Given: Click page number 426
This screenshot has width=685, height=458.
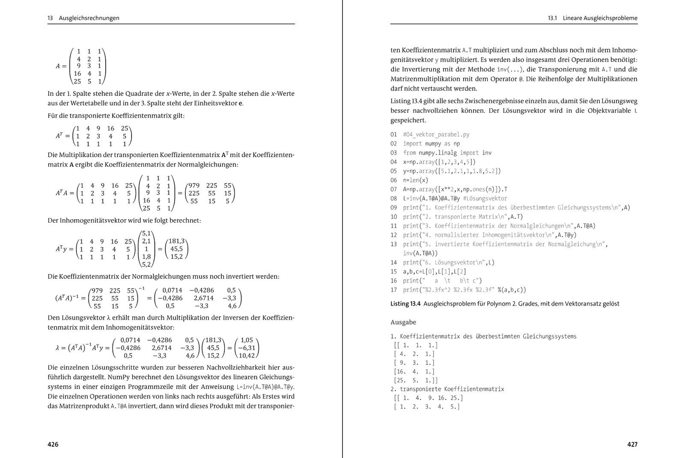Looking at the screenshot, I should tap(53, 444).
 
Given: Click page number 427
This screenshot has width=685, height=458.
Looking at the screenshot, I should tap(632, 444).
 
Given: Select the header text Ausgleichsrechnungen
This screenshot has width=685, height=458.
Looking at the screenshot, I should tap(89, 18).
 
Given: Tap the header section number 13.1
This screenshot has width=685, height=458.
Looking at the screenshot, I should tap(552, 18).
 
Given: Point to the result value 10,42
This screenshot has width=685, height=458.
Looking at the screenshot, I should tap(247, 355).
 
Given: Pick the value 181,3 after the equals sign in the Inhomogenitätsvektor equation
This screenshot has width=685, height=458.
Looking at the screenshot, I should tap(176, 241).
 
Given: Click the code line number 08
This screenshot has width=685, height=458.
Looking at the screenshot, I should tap(393, 199).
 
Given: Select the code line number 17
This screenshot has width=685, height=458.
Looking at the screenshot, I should tap(393, 290).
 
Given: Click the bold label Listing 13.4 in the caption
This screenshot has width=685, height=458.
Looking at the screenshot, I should tap(405, 303).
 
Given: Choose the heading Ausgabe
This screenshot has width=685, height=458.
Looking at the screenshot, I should tap(403, 322).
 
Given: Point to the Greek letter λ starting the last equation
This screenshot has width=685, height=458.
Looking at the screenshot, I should tap(57, 348).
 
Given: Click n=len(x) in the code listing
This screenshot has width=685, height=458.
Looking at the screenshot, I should tap(415, 180).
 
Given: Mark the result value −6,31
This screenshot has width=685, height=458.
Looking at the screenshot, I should tap(247, 348).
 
